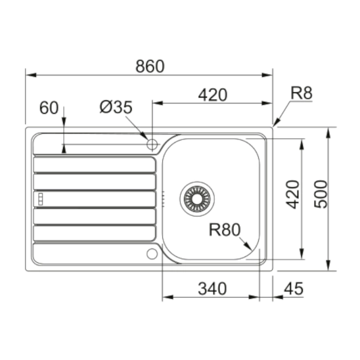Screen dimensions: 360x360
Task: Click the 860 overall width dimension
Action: click(149, 66)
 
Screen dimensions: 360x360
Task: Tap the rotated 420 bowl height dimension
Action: click(292, 195)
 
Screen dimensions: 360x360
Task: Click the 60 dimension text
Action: click(49, 108)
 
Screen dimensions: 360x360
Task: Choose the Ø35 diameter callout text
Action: click(116, 107)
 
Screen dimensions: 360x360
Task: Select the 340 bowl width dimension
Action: click(212, 289)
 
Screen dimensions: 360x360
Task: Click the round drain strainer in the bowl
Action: click(197, 196)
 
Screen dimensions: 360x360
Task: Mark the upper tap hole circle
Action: click(152, 144)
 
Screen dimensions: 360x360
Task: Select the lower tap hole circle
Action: click(152, 254)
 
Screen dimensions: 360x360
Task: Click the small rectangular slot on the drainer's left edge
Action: click(41, 199)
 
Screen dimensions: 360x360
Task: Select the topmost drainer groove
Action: click(95, 165)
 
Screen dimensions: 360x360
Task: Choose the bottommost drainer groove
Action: click(95, 234)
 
